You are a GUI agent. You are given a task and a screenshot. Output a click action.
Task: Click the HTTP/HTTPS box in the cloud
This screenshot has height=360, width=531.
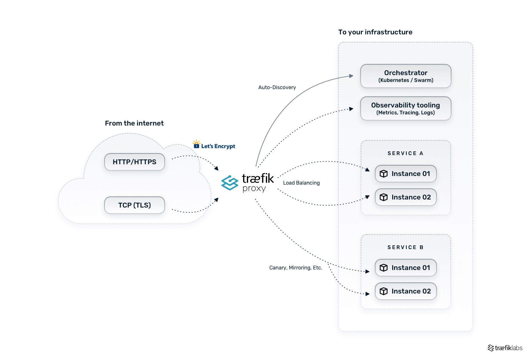click(x=134, y=162)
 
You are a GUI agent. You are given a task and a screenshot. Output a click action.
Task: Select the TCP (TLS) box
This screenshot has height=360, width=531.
click(x=134, y=205)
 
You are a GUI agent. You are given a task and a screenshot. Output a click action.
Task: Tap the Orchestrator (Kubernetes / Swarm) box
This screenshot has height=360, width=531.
click(x=405, y=76)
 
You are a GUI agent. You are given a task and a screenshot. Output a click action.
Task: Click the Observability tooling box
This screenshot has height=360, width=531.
click(x=405, y=108)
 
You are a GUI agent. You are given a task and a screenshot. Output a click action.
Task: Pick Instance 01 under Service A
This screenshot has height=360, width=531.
click(x=405, y=174)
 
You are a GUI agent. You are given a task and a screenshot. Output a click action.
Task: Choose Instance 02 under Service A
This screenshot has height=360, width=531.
click(x=405, y=197)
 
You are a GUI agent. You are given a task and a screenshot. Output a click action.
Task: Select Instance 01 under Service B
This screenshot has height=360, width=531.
click(x=405, y=268)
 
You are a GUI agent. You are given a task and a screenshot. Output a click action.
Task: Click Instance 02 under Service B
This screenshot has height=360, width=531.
click(x=405, y=291)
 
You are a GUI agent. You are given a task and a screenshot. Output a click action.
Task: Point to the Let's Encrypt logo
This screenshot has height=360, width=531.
click(x=214, y=145)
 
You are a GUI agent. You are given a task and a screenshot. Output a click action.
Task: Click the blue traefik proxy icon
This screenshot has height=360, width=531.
click(x=230, y=183)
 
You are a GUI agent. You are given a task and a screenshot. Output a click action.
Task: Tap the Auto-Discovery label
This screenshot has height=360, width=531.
click(x=277, y=87)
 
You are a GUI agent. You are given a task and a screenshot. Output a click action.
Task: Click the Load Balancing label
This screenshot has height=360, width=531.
click(x=301, y=183)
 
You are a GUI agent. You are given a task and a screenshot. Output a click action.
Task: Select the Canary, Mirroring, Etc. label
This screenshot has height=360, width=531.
click(x=295, y=268)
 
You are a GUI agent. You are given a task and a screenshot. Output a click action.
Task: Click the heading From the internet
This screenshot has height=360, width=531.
click(x=134, y=123)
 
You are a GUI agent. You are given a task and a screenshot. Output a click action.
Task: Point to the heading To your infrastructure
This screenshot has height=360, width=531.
click(x=375, y=32)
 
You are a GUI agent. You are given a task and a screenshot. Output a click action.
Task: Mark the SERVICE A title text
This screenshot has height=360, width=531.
click(x=405, y=153)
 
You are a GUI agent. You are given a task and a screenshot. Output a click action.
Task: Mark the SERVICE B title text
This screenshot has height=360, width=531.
click(x=405, y=247)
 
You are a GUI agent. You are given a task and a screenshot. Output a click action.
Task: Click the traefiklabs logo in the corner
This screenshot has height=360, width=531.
click(x=505, y=348)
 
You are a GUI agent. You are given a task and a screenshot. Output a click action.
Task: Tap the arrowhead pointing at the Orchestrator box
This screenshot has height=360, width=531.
click(x=351, y=76)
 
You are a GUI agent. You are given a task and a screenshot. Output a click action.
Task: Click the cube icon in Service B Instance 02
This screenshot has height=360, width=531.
click(x=383, y=291)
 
